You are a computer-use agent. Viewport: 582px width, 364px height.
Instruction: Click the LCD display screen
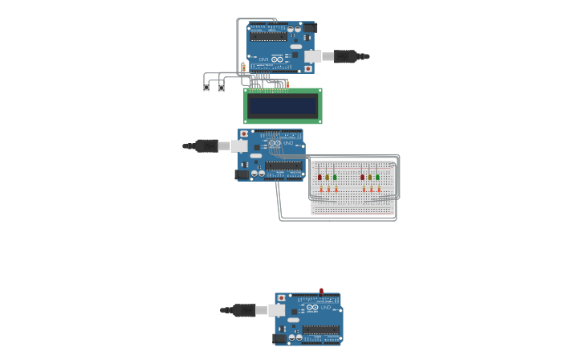coord(283,106)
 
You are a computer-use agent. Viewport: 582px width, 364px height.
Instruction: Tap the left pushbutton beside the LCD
coord(206,87)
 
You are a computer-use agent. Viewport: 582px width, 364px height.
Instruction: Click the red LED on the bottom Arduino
coord(321,291)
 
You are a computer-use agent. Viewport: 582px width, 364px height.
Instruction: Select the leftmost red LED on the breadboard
coord(319,177)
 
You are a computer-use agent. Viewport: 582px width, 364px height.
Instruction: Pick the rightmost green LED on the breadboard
coord(377,177)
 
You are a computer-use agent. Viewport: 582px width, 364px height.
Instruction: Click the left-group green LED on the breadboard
coord(335,177)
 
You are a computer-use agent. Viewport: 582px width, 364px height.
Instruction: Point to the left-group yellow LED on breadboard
coord(328,177)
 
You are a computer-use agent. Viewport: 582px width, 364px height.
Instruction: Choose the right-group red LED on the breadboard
coord(362,177)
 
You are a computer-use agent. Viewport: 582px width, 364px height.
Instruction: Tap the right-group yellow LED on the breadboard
coord(370,177)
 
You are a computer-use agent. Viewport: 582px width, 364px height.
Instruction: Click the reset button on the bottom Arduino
coord(281,298)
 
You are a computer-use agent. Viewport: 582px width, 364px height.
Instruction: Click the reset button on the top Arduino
coord(308,69)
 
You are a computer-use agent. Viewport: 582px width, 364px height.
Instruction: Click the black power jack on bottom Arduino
coord(279,338)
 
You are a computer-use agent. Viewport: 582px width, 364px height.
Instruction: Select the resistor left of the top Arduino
coord(243,67)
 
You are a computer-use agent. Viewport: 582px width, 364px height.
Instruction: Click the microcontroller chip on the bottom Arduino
coord(320,329)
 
